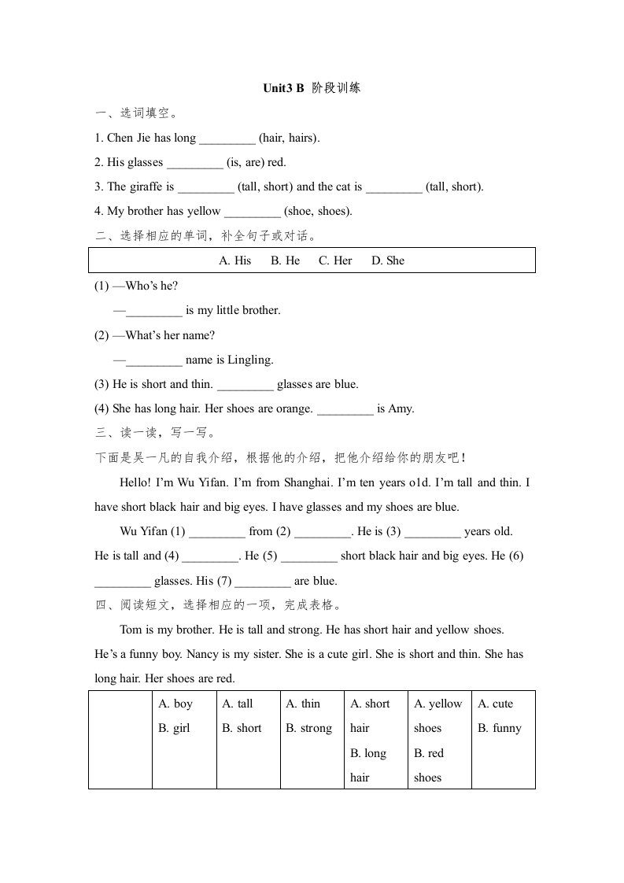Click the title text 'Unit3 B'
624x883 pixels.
pos(283,88)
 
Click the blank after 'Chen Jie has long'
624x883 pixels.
pos(227,139)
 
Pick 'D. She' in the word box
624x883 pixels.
pos(388,260)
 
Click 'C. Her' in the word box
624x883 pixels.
pos(335,260)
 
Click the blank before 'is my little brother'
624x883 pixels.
pos(153,310)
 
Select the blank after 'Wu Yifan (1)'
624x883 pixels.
pos(218,532)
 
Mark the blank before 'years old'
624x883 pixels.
pos(433,532)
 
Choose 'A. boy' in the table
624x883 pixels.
pos(175,704)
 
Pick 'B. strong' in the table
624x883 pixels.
pos(309,728)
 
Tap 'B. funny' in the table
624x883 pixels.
pos(500,728)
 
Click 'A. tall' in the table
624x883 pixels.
pos(238,704)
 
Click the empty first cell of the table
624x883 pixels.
pos(120,740)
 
